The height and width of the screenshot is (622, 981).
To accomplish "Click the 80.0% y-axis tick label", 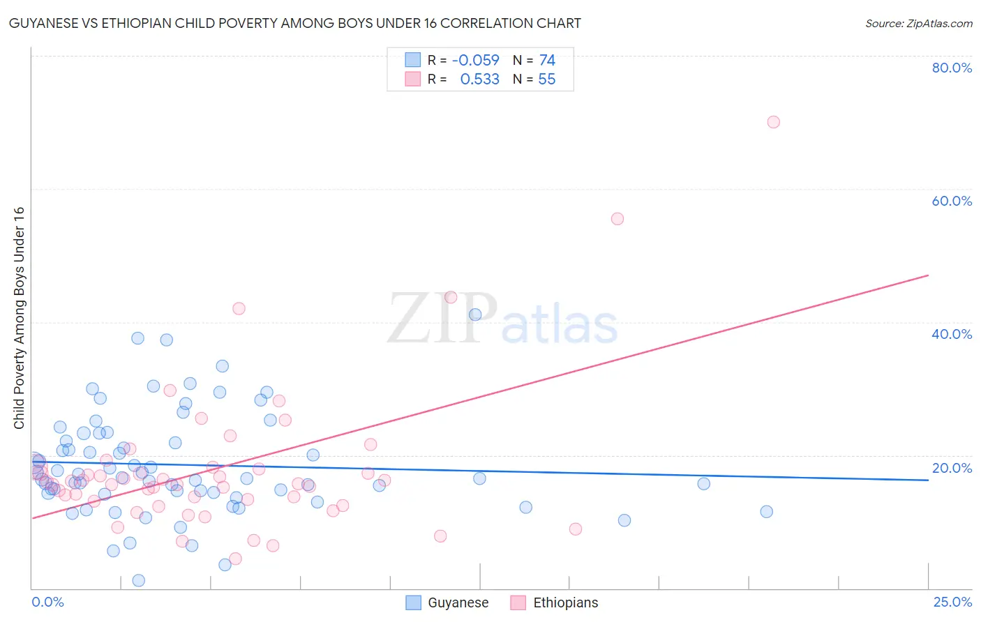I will click(x=952, y=68).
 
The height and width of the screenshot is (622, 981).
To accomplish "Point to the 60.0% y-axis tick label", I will click(x=952, y=201).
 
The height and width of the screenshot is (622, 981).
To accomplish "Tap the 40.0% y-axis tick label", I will click(x=952, y=334).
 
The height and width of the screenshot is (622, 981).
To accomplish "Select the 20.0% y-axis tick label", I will click(x=952, y=468).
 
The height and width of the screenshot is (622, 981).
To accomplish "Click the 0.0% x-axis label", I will click(x=47, y=602).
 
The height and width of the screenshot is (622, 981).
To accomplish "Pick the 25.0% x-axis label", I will click(x=952, y=602).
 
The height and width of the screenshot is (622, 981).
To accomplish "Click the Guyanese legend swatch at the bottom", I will click(x=414, y=602).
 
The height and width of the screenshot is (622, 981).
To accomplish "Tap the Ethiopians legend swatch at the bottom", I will click(x=518, y=602).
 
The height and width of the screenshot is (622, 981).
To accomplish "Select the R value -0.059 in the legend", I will click(x=476, y=60).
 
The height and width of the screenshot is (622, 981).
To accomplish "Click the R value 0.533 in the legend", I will click(x=480, y=79).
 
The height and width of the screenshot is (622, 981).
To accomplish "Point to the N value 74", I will click(x=547, y=60).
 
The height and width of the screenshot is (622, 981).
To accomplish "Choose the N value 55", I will click(x=547, y=79).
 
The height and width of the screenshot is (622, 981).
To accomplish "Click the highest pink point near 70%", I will click(x=773, y=122).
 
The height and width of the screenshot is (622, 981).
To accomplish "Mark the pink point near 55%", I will click(x=617, y=219).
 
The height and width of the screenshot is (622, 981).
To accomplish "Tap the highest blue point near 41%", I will click(x=475, y=314).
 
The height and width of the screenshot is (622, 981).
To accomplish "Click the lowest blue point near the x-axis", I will click(x=139, y=580).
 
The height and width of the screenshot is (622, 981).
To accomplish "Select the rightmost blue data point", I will click(x=766, y=512).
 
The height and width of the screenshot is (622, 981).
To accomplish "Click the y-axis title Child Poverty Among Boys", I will click(x=20, y=318).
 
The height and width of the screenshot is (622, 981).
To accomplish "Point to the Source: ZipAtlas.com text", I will click(x=918, y=24).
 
